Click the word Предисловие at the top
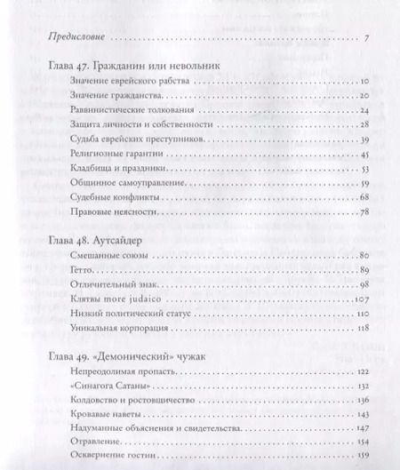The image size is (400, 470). pos(74,40)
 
